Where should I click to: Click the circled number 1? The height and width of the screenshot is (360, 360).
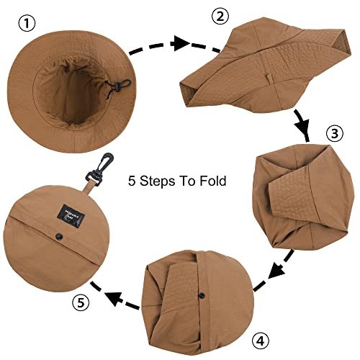pos(27,23)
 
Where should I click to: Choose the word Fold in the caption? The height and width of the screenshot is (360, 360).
pos(212,181)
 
